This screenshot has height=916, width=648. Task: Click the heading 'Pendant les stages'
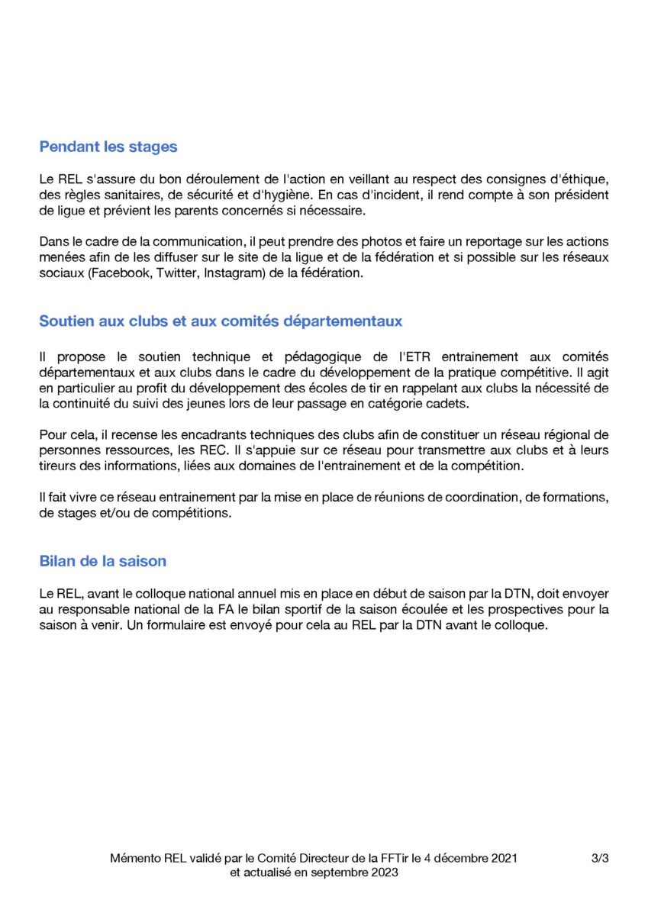[x=108, y=147]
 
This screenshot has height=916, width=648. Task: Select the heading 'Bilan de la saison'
[x=102, y=561]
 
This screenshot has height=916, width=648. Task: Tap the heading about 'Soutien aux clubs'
[x=221, y=321]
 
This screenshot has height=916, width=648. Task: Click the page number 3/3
[x=600, y=858]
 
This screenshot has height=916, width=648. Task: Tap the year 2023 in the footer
[x=383, y=872]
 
